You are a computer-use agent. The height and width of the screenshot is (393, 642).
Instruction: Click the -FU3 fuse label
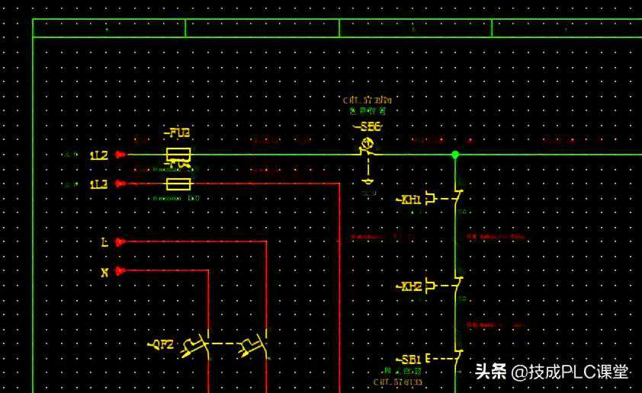tap(177, 133)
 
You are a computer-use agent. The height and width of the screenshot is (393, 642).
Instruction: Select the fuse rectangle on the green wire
tap(178, 155)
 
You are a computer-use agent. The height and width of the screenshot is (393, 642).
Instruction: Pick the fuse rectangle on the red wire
tap(178, 184)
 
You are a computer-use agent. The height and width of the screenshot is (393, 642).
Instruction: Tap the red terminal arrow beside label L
tap(120, 242)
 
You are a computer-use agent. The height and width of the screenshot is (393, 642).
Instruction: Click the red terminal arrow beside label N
tap(120, 270)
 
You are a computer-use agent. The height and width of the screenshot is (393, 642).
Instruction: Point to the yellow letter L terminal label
tap(104, 242)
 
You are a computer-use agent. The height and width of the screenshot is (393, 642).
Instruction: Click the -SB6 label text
tap(367, 126)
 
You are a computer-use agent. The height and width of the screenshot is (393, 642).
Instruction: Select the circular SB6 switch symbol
tap(367, 143)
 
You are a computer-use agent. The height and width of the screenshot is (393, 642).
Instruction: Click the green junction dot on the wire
tap(455, 155)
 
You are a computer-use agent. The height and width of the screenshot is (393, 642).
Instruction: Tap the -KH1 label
tap(409, 200)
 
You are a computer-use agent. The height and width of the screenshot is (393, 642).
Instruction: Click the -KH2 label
tap(409, 286)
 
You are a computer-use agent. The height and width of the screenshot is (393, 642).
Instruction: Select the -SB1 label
tap(409, 359)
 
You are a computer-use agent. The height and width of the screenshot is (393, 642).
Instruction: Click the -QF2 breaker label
tap(161, 344)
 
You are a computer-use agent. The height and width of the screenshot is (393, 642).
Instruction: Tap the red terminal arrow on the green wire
tap(120, 155)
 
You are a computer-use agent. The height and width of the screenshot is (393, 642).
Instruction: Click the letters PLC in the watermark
tap(579, 372)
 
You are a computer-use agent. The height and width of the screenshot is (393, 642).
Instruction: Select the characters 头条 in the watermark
tap(491, 372)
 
